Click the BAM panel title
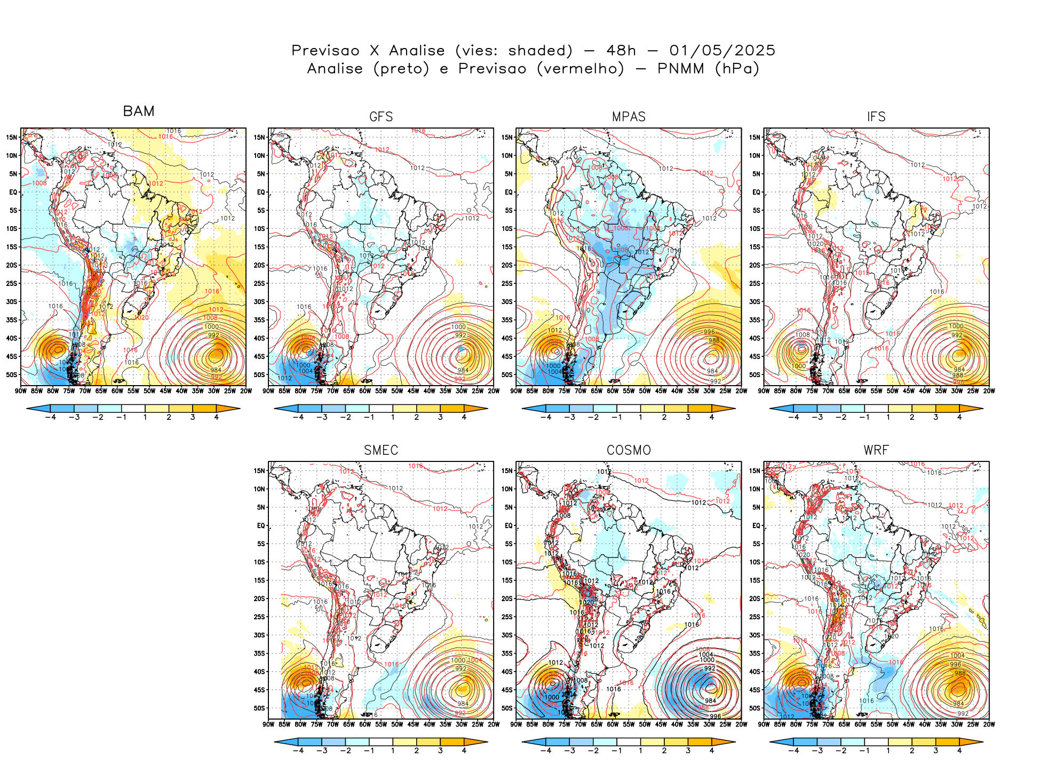click(139, 111)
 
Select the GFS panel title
click(381, 117)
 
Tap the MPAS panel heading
click(629, 117)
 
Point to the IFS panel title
click(876, 117)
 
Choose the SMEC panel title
click(381, 450)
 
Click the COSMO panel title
click(629, 450)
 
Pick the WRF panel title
click(876, 450)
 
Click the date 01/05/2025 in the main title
click(722, 51)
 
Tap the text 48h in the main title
click(621, 51)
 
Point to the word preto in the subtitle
click(401, 69)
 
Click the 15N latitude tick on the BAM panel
click(12, 137)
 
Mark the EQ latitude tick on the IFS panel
click(756, 192)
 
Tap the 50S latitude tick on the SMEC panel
click(259, 708)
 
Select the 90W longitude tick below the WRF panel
click(764, 724)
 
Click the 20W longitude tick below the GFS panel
click(494, 391)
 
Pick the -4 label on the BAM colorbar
click(51, 417)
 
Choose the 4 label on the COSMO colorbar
click(712, 751)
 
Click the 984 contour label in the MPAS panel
click(712, 371)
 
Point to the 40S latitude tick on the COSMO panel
click(507, 672)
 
